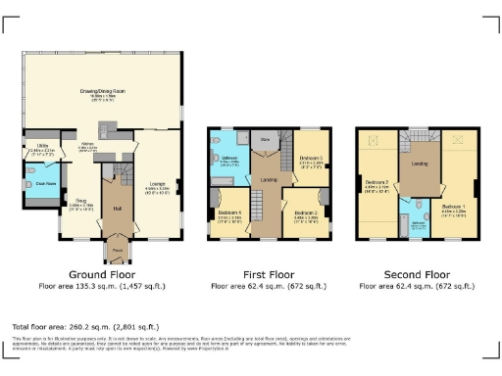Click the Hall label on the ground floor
[117, 208]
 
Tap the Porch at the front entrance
[117, 251]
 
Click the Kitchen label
[87, 145]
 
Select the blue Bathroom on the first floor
[228, 162]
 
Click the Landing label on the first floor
[267, 179]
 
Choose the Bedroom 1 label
[454, 207]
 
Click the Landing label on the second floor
[416, 164]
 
